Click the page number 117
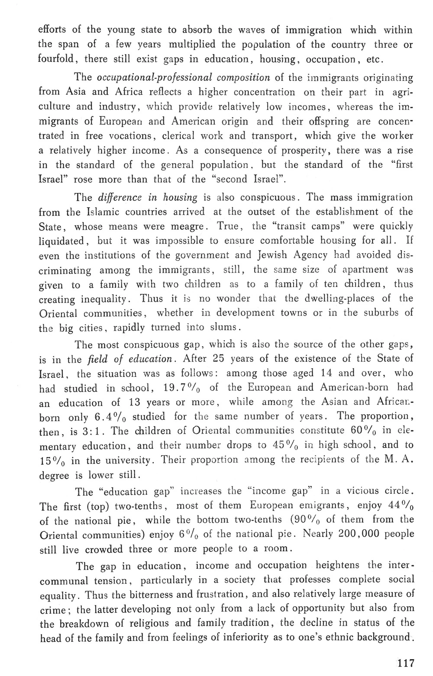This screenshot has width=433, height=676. coord(406,663)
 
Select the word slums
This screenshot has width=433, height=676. coord(221,327)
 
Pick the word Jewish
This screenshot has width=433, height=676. coord(275,255)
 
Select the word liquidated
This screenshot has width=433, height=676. coord(61,241)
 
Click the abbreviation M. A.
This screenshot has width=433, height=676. coord(397,460)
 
